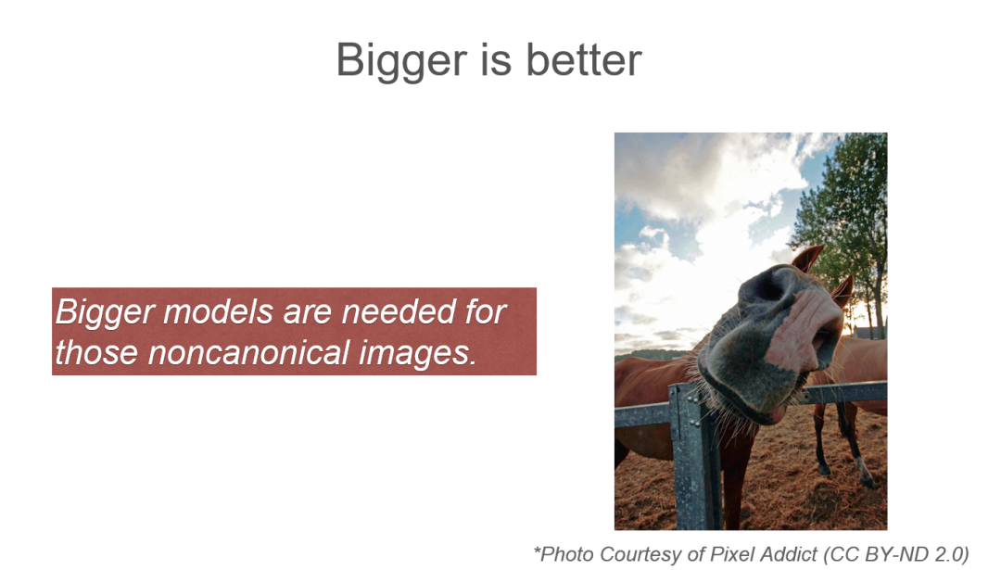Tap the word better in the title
(584, 59)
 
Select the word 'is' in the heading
(495, 59)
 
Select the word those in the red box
(96, 352)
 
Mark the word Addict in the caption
(787, 554)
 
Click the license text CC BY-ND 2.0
(896, 554)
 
